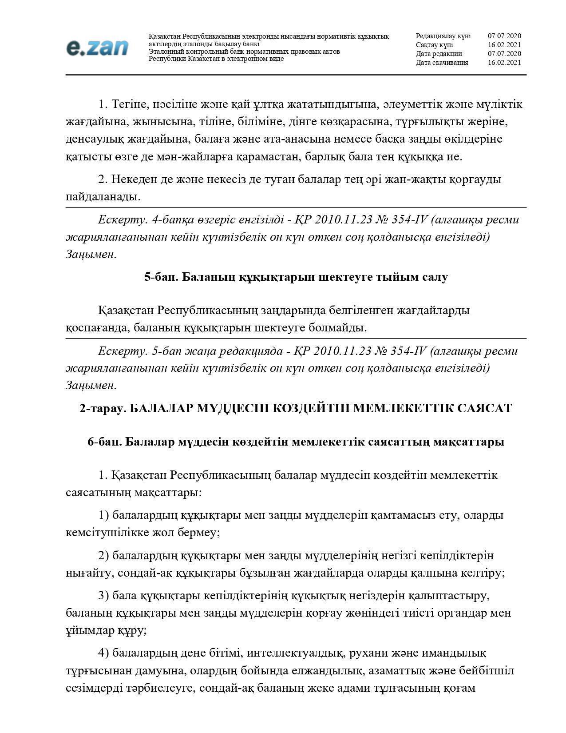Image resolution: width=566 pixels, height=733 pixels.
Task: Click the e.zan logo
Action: (97, 48)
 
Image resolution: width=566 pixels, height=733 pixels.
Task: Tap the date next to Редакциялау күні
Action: (504, 36)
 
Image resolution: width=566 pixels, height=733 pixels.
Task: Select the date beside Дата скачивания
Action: (504, 63)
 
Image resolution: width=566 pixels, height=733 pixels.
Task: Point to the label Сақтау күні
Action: (434, 45)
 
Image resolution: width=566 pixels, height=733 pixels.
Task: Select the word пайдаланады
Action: (103, 197)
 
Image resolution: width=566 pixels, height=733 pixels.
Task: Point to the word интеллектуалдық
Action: (296, 653)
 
